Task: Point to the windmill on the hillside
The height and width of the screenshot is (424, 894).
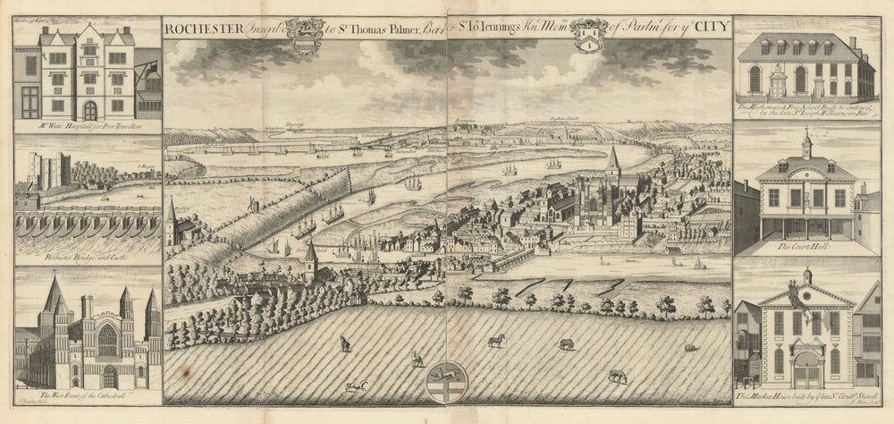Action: pyautogui.click(x=253, y=205)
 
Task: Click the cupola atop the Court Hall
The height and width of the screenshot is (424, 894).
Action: pyautogui.click(x=806, y=144)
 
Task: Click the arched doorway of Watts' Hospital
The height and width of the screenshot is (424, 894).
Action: pyautogui.click(x=89, y=110)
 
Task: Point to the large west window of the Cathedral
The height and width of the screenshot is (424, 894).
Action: pyautogui.click(x=106, y=341)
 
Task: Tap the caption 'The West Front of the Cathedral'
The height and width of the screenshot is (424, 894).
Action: pyautogui.click(x=86, y=394)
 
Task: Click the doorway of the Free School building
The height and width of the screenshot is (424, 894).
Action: pyautogui.click(x=775, y=83)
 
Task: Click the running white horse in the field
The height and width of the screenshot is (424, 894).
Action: pyautogui.click(x=495, y=340)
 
